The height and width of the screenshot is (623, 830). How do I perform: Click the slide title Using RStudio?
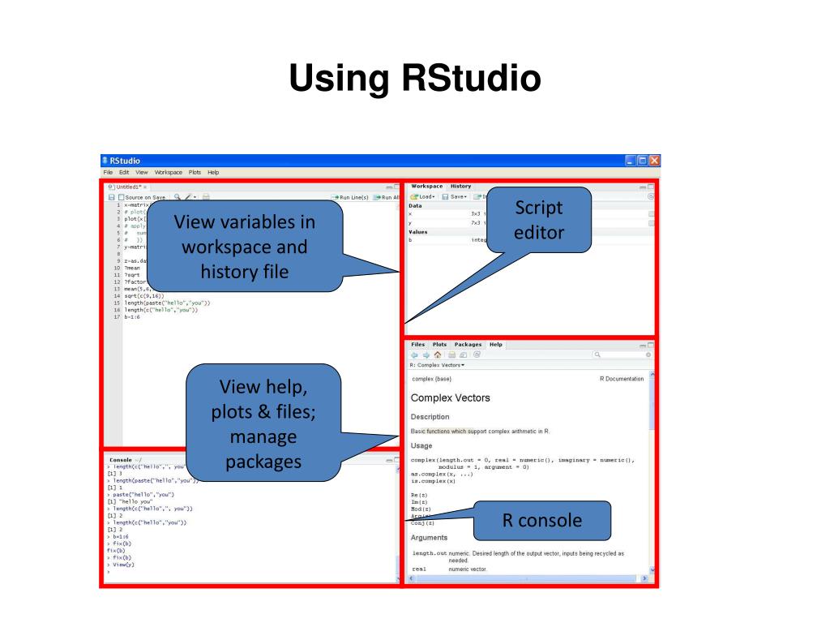[x=414, y=79]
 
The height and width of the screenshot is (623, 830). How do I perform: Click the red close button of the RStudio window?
[x=654, y=161]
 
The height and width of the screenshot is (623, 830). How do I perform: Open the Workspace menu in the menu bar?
[x=169, y=173]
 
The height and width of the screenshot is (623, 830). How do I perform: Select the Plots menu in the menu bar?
[x=195, y=173]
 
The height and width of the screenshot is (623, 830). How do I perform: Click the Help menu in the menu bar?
[x=213, y=173]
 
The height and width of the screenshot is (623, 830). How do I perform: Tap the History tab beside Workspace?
[x=460, y=187]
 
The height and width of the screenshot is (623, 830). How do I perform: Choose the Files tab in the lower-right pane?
[x=417, y=345]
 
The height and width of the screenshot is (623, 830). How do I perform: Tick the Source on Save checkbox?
[x=122, y=197]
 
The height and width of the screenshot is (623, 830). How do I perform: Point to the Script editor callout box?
[x=538, y=220]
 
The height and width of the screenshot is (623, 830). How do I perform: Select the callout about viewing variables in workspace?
[x=244, y=246]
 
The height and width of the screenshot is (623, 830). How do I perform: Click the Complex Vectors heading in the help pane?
[x=450, y=398]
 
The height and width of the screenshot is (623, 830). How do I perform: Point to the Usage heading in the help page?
[x=421, y=445]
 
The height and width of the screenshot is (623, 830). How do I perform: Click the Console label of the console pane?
[x=121, y=460]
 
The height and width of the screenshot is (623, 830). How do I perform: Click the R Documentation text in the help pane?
[x=621, y=379]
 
